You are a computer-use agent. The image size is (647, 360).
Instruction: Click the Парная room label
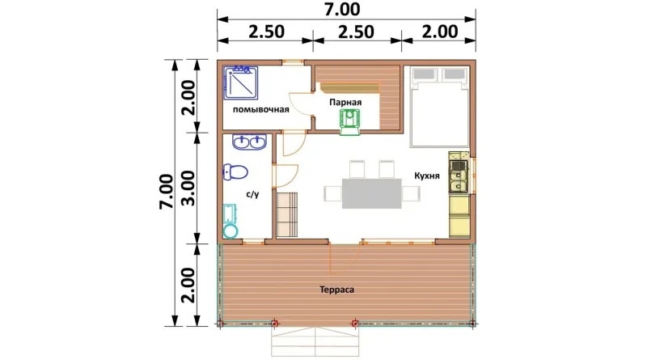click(x=345, y=103)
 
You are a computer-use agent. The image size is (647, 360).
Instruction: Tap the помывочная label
click(x=260, y=110)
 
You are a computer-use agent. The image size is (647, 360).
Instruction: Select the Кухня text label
click(x=427, y=176)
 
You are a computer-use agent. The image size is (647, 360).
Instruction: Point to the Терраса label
click(x=336, y=290)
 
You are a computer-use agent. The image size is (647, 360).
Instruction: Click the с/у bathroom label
click(x=252, y=194)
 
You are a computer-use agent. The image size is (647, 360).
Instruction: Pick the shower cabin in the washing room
click(x=241, y=83)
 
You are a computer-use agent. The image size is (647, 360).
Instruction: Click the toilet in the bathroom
click(x=235, y=172)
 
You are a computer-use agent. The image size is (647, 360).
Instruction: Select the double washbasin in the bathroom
click(x=249, y=142)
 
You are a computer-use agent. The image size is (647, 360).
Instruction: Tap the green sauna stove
click(x=350, y=123)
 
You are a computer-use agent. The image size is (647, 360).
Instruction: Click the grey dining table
click(x=372, y=193)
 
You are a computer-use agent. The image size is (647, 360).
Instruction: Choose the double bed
click(x=439, y=107)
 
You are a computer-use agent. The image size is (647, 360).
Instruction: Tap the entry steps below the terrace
click(x=315, y=341)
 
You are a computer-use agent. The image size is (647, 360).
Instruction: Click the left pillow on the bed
click(x=425, y=74)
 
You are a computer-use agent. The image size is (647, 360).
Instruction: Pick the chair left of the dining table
click(x=332, y=193)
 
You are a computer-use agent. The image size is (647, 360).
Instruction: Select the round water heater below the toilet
click(x=230, y=231)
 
